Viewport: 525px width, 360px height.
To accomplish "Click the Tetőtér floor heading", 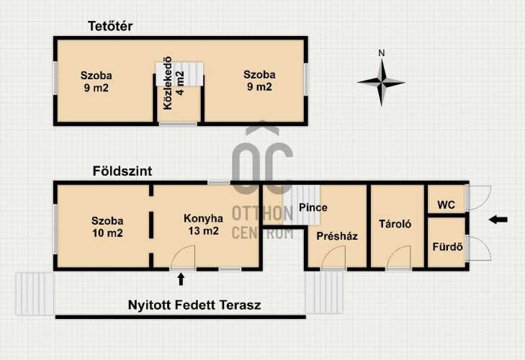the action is click(x=110, y=26).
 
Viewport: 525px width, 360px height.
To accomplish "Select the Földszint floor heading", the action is click(x=122, y=171).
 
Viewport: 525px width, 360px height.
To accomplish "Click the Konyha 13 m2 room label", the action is click(x=203, y=225).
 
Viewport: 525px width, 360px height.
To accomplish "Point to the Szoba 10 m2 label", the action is click(x=107, y=227).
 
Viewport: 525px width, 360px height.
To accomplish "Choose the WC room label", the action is click(x=446, y=205).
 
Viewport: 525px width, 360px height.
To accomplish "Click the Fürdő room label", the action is click(x=447, y=247).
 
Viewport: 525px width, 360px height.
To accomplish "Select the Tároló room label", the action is click(x=395, y=224).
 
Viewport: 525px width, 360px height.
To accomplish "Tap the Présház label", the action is click(x=337, y=236).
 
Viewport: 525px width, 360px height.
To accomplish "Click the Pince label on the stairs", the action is click(x=313, y=207).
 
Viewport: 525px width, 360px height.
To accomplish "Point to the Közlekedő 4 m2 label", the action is click(x=174, y=83).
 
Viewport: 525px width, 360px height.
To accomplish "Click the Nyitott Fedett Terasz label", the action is click(x=194, y=305).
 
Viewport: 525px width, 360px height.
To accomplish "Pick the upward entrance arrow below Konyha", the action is click(x=181, y=279).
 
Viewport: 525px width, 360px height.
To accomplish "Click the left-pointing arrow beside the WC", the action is click(x=498, y=220).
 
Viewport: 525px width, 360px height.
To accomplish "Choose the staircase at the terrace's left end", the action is click(x=35, y=294).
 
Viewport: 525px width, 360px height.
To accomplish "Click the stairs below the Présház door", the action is click(x=324, y=292).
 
